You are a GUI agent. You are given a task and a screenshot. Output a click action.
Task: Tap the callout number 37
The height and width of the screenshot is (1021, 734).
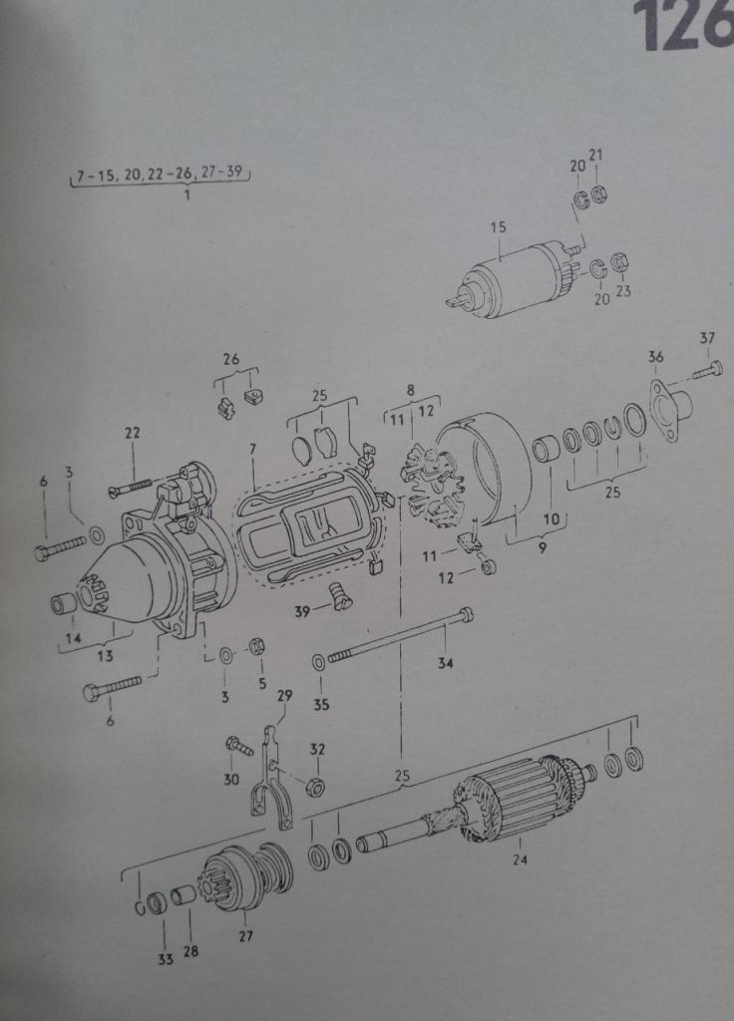(707, 338)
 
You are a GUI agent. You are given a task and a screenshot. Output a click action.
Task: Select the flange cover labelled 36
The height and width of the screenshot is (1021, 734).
(670, 409)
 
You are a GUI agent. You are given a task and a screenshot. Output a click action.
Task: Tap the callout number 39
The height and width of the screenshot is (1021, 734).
(302, 611)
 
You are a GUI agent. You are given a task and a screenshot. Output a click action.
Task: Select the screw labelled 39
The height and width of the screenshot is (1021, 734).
(340, 596)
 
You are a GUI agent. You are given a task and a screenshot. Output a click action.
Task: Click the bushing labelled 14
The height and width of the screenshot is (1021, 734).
(65, 604)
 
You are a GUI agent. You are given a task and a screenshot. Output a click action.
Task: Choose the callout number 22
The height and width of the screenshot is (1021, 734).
(133, 433)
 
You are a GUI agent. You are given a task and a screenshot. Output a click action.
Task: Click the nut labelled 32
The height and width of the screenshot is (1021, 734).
(316, 786)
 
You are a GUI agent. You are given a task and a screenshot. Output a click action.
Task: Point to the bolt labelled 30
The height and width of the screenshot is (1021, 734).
(238, 745)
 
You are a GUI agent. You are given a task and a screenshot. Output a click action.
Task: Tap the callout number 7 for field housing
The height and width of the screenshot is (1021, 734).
(252, 449)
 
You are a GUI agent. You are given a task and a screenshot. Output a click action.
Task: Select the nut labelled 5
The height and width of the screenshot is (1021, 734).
(256, 647)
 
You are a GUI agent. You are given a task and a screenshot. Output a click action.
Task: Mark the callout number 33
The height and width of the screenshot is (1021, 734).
(166, 958)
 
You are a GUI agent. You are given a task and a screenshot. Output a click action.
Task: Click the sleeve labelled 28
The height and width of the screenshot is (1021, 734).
(183, 896)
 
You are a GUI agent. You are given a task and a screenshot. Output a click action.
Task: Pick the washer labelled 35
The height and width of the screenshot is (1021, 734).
(319, 662)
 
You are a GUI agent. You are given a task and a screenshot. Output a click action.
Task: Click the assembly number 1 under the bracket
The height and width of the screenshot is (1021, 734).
(186, 194)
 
